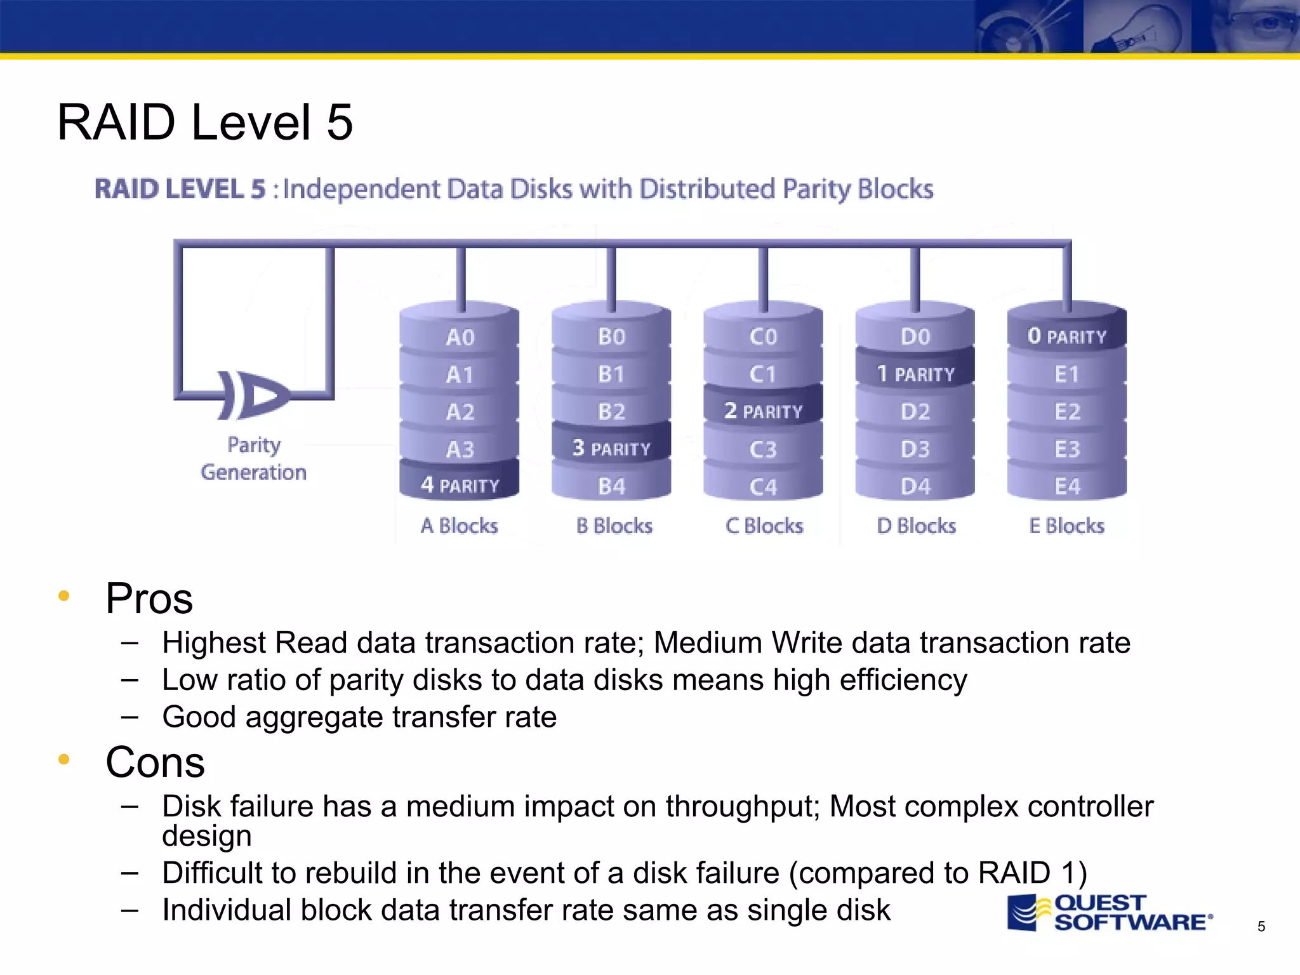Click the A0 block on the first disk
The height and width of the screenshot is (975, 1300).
pyautogui.click(x=460, y=337)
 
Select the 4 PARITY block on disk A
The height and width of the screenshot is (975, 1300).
pyautogui.click(x=460, y=486)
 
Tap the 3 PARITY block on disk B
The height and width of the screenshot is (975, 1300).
pyautogui.click(x=611, y=448)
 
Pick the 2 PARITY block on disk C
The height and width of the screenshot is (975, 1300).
pyautogui.click(x=763, y=411)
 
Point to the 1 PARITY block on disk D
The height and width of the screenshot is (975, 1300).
pyautogui.click(x=915, y=374)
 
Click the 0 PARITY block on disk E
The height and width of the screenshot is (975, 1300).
pyautogui.click(x=1066, y=336)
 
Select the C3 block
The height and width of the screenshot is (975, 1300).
pyautogui.click(x=763, y=449)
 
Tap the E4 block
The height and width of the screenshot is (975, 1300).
pyautogui.click(x=1066, y=487)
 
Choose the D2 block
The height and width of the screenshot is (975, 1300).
pyautogui.click(x=915, y=411)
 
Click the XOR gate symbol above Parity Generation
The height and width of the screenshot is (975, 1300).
pyautogui.click(x=252, y=395)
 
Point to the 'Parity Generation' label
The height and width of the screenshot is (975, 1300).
pyautogui.click(x=253, y=458)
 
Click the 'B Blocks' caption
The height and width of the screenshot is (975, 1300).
pyautogui.click(x=614, y=526)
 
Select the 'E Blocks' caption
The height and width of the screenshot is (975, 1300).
pyautogui.click(x=1066, y=526)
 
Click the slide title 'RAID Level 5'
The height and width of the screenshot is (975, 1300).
pyautogui.click(x=204, y=122)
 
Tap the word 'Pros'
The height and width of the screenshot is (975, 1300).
pyautogui.click(x=149, y=598)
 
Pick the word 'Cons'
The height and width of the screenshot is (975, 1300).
pyautogui.click(x=155, y=762)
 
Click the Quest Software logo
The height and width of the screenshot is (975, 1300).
pyautogui.click(x=1110, y=913)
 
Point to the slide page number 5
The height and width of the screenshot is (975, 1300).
pyautogui.click(x=1261, y=927)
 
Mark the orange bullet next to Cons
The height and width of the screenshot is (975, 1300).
pyautogui.click(x=63, y=759)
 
